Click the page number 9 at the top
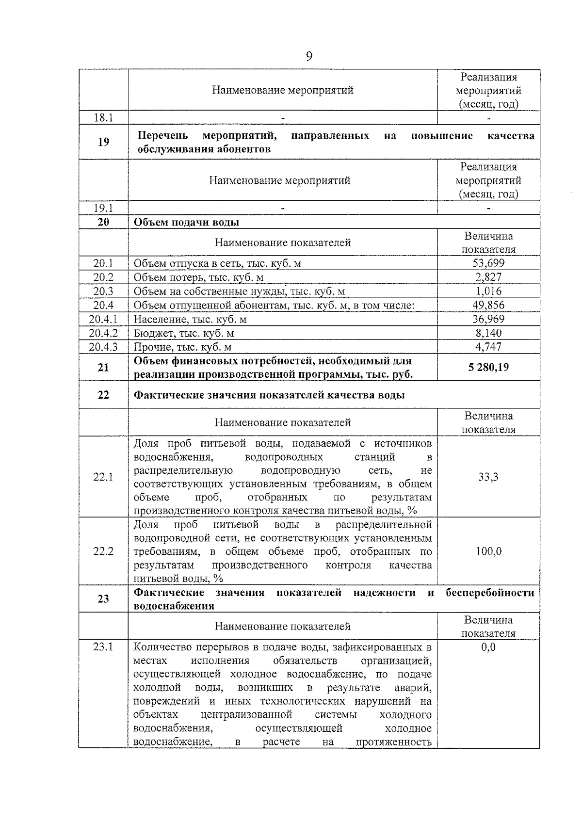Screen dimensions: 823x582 click(x=309, y=56)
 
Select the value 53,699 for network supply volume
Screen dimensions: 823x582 click(x=488, y=263)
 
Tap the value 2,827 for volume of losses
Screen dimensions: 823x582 click(x=488, y=277)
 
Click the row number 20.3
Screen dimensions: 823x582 click(x=103, y=291)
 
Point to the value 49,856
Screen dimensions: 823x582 click(x=488, y=305)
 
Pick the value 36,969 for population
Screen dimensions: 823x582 click(x=488, y=319)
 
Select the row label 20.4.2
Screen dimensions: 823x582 click(x=103, y=333)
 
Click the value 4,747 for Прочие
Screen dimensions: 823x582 click(x=488, y=347)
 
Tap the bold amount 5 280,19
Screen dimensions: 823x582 click(x=488, y=367)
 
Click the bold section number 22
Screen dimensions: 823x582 click(x=103, y=395)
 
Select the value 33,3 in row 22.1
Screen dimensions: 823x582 click(x=488, y=477)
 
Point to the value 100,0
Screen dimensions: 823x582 click(x=488, y=551)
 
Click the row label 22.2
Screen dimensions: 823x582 click(x=103, y=551)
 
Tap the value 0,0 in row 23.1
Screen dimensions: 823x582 click(x=488, y=647)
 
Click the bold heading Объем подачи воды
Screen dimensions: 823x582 click(x=186, y=222)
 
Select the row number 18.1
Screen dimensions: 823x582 click(x=103, y=117)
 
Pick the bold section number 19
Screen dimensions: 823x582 click(x=103, y=142)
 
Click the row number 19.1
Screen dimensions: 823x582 click(x=103, y=208)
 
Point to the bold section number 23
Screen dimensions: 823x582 click(x=103, y=599)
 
